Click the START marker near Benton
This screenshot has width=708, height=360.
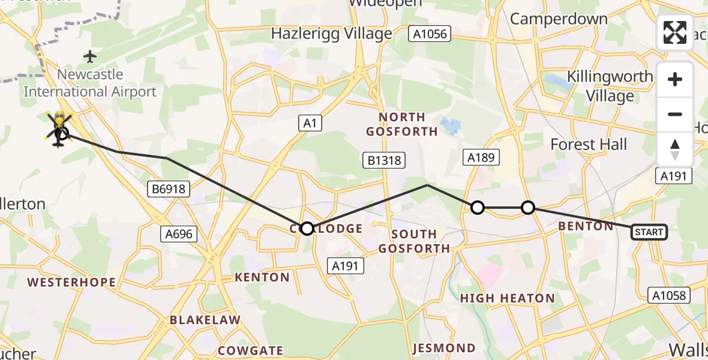point(649,232)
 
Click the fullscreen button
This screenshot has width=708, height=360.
point(675,32)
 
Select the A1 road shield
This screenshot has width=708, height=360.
point(310,124)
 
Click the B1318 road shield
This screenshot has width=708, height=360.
point(383,160)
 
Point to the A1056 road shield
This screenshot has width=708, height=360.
point(430,34)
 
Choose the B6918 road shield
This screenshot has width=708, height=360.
point(169,190)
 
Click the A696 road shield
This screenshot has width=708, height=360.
point(178,233)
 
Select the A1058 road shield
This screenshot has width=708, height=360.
point(670,295)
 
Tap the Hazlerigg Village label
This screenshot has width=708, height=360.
point(331,34)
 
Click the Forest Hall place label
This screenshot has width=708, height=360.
point(589,145)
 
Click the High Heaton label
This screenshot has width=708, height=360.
point(508,298)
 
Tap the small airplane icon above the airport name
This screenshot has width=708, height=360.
point(90,57)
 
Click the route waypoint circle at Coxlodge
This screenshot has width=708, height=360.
point(307,229)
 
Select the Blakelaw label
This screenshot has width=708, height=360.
point(205,320)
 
